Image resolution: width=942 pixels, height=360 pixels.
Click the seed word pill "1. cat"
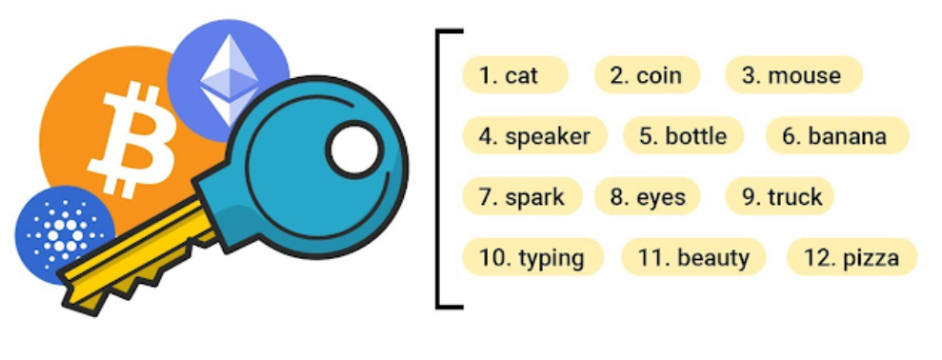click(x=514, y=75)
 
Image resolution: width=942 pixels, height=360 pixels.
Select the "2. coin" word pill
click(x=647, y=75)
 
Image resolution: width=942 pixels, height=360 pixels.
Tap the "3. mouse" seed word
click(x=792, y=75)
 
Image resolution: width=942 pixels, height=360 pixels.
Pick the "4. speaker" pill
click(x=534, y=136)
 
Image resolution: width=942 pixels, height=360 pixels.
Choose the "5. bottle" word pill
click(x=682, y=136)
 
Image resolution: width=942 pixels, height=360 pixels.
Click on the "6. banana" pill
click(x=835, y=136)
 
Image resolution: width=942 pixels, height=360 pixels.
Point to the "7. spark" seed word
click(x=521, y=197)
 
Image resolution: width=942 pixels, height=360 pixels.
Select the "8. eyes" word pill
click(x=647, y=197)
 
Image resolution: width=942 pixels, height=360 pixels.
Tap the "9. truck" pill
click(x=780, y=197)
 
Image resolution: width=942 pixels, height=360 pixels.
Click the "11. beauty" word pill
click(x=693, y=257)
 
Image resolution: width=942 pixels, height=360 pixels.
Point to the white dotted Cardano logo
click(x=63, y=233)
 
